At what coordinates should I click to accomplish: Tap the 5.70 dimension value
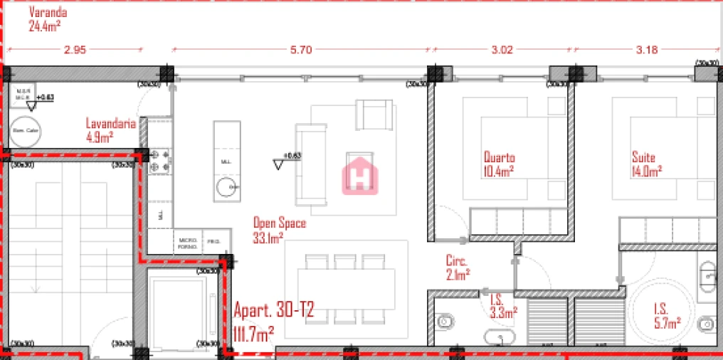click(302, 50)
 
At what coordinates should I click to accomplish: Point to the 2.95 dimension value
click(75, 50)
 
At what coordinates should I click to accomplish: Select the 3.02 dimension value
click(502, 50)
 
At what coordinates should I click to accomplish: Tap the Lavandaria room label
click(110, 122)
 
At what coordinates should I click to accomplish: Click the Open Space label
click(279, 223)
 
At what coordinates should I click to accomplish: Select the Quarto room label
click(499, 157)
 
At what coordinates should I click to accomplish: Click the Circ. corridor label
click(456, 260)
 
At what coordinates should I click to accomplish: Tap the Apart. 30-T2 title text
click(273, 311)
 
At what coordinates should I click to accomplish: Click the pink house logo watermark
click(359, 175)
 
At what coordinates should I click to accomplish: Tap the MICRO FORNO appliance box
click(189, 243)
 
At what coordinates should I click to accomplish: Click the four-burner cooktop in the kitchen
click(158, 161)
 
